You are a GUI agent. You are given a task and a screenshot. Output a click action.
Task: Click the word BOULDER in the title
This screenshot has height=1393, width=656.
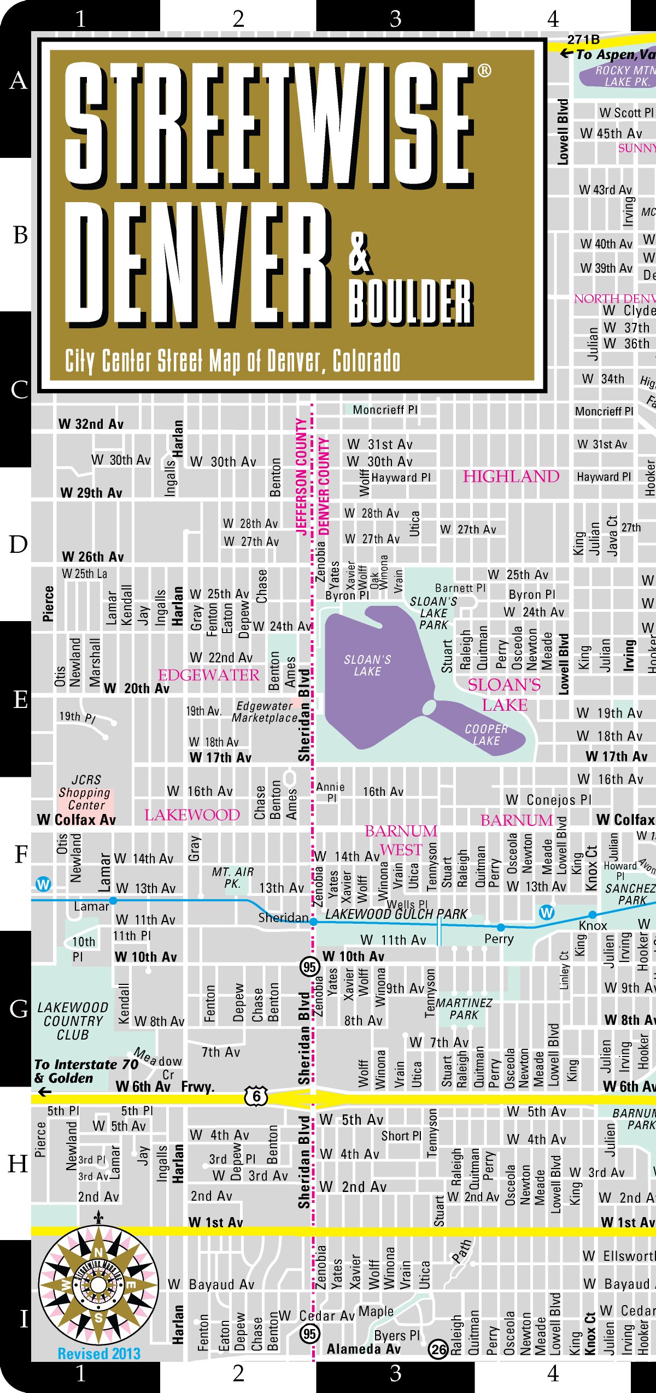click(411, 302)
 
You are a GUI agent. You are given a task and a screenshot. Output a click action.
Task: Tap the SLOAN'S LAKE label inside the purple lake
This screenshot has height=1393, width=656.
click(367, 665)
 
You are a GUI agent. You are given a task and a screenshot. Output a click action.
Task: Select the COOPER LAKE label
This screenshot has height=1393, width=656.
click(486, 735)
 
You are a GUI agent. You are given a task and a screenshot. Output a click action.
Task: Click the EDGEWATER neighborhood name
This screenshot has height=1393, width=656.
click(208, 675)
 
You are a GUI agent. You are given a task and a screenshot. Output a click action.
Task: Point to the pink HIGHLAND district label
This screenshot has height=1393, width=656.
click(511, 476)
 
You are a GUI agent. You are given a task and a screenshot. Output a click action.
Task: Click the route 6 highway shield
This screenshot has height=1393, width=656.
click(256, 1095)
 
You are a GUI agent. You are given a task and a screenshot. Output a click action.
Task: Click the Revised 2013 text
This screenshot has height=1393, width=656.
click(99, 1353)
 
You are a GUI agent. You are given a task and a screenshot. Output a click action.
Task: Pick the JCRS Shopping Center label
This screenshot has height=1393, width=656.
click(85, 793)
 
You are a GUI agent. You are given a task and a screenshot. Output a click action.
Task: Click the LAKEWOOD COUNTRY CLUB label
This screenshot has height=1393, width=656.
click(73, 1020)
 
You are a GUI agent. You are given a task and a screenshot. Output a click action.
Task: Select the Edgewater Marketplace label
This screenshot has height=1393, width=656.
click(265, 712)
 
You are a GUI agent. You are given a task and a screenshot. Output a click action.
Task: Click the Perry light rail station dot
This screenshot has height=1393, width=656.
click(501, 927)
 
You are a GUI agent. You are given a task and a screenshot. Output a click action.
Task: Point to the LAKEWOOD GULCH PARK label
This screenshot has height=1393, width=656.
click(396, 914)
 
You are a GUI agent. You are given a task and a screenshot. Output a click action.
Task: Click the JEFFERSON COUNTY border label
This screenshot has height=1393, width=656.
click(301, 476)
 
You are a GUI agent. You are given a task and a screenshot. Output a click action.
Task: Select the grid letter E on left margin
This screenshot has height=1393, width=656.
click(20, 700)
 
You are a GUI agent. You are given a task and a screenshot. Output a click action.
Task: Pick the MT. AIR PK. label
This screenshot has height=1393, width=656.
click(233, 877)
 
